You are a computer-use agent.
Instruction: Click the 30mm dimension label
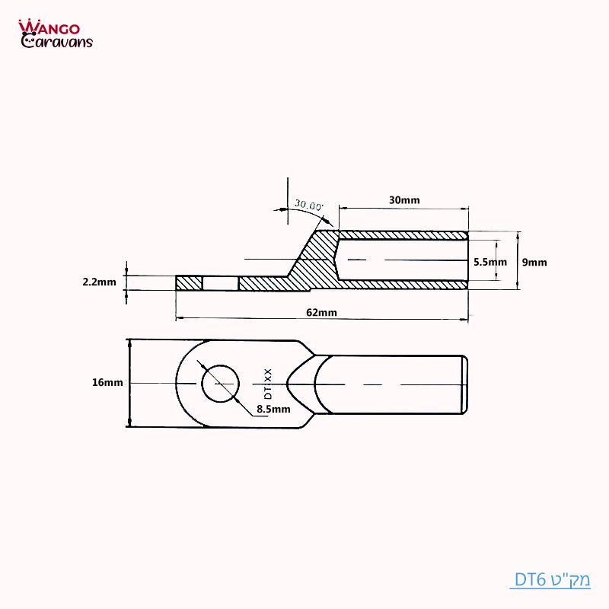pos(404,200)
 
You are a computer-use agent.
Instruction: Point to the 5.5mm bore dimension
pos(489,262)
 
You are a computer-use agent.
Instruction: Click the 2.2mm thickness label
pos(99,282)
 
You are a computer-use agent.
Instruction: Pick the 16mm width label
pos(107,383)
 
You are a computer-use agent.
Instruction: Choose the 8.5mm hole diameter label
pos(274,409)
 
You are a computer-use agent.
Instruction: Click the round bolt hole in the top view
pos(220,383)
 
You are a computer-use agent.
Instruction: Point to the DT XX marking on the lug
pos(268,383)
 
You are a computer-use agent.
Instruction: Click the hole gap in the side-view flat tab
pos(221,283)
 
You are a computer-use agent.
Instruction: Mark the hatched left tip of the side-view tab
pos(189,283)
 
